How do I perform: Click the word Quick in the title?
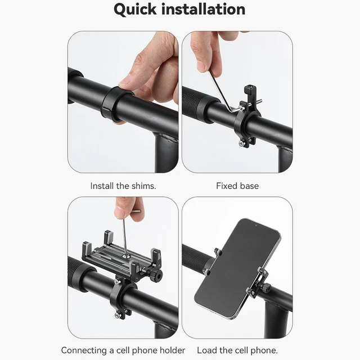pos(138,10)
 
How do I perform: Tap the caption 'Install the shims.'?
pos(123,185)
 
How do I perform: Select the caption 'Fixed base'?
pos(237,185)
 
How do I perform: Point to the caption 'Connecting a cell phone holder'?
pos(123,350)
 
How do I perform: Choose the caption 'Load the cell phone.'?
pos(237,350)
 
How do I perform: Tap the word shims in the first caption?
pos(143,185)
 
